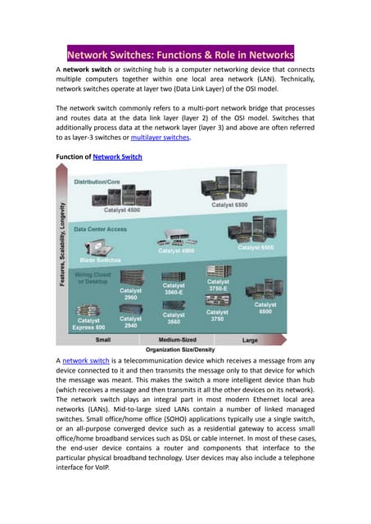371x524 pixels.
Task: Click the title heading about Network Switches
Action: coord(179,55)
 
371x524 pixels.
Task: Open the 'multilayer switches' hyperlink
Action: coord(161,138)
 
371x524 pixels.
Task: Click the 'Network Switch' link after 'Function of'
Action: coord(119,156)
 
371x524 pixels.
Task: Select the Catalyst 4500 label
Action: coord(125,210)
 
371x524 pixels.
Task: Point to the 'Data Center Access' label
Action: coord(101,229)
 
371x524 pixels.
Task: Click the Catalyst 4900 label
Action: coord(176,251)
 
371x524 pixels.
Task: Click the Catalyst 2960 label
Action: coord(131,293)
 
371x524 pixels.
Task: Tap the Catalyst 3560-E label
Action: coord(174,290)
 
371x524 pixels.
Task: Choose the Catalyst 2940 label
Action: coord(131,322)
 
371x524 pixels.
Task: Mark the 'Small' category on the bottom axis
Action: coord(104,338)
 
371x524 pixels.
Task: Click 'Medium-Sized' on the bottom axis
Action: coord(177,338)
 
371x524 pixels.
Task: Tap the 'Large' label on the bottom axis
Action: coord(251,338)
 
